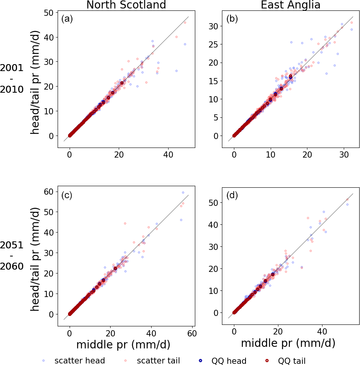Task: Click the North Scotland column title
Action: [x=126, y=5]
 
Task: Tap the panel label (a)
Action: [x=67, y=19]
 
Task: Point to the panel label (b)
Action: [x=232, y=19]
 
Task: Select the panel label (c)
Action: [x=67, y=195]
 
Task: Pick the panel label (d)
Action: [x=232, y=195]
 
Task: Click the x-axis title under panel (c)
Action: [x=123, y=344]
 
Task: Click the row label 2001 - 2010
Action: [x=12, y=79]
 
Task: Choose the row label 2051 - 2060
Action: [x=12, y=256]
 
